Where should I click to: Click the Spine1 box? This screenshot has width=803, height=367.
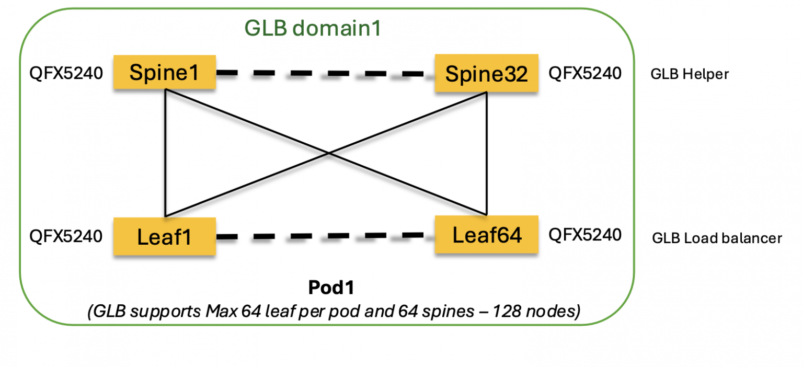(x=164, y=72)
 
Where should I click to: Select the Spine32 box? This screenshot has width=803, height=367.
(x=486, y=74)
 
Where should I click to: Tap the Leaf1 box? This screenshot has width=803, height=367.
(x=164, y=237)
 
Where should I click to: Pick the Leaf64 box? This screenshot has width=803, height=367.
(x=486, y=235)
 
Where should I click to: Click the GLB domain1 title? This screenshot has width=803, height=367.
(x=313, y=29)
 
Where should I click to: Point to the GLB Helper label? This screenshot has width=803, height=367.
(x=689, y=74)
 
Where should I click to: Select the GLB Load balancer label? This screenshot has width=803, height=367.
(x=717, y=238)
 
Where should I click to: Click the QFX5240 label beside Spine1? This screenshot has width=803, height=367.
(x=66, y=73)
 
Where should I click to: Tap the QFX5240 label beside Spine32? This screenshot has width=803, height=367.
(x=584, y=73)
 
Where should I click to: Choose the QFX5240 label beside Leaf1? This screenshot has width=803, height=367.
(x=66, y=236)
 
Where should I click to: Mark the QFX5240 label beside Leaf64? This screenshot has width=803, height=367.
(x=584, y=235)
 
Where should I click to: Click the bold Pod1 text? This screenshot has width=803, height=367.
(x=328, y=289)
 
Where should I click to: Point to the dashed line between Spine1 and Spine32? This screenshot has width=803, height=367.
(x=324, y=74)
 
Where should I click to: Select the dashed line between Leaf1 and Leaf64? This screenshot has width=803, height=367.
(x=324, y=236)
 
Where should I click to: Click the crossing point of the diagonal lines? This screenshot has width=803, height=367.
(x=328, y=153)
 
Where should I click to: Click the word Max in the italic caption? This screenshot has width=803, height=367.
(x=220, y=312)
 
